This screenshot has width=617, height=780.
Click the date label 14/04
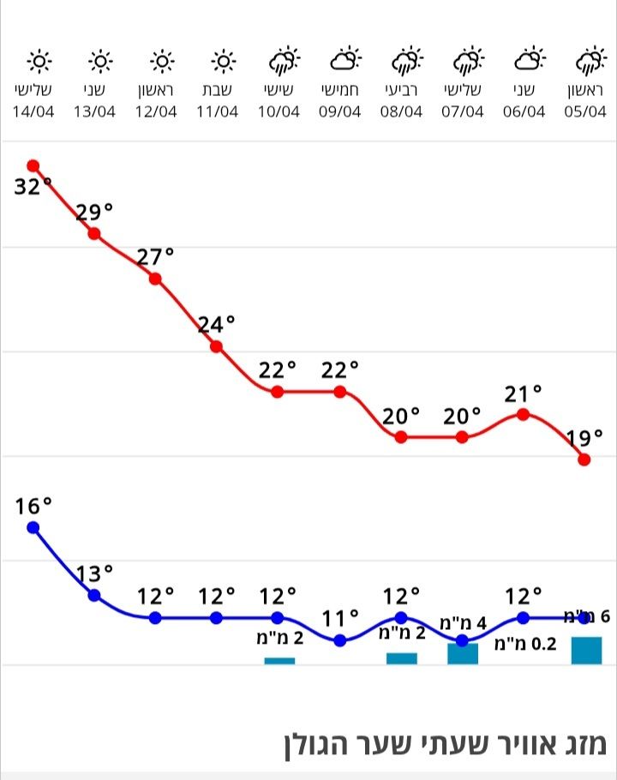coord(33,111)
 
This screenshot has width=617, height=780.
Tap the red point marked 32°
coord(33,165)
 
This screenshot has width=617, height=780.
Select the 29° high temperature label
coord(94,212)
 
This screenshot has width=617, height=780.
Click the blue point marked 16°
coord(33,527)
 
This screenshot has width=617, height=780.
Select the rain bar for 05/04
coord(586,651)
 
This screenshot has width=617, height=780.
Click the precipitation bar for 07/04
coord(463,654)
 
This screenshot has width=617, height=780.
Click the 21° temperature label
coord(524,393)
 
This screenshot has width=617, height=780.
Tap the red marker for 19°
coord(584,459)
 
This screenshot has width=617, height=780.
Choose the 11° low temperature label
coord(339,617)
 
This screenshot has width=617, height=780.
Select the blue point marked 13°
coord(94,595)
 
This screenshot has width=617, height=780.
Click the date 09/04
coord(340,111)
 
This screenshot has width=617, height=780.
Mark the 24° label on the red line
coord(216,324)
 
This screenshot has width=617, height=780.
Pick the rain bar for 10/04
coord(279,660)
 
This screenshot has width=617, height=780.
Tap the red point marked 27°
coord(155,279)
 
